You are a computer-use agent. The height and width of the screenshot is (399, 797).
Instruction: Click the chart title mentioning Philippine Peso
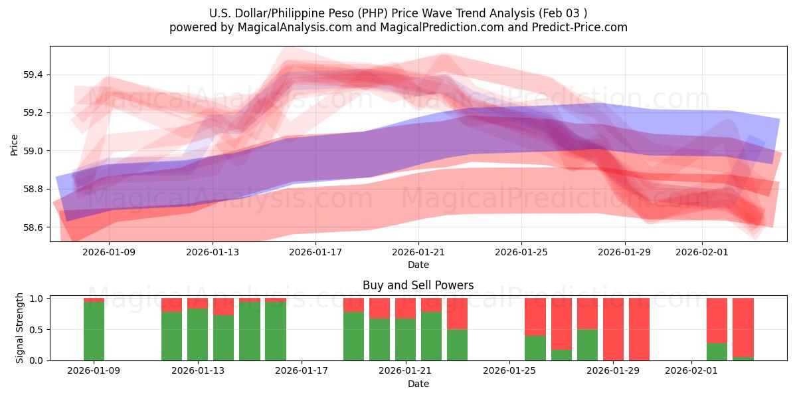(x=398, y=13)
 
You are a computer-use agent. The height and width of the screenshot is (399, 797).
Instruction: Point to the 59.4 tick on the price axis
(x=33, y=74)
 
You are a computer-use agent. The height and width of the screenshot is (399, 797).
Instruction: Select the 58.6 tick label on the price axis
(x=33, y=227)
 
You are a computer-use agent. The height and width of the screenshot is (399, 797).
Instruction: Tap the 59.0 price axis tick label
(x=33, y=151)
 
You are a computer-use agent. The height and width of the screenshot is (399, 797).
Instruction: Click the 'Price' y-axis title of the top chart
(x=15, y=144)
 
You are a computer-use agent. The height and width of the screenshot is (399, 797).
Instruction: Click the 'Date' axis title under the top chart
(x=418, y=265)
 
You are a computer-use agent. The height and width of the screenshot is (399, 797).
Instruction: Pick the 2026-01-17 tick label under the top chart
(x=315, y=252)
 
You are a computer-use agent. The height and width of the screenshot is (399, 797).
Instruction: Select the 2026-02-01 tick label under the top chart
(x=702, y=252)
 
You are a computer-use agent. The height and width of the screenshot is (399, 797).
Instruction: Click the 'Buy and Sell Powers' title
(x=418, y=285)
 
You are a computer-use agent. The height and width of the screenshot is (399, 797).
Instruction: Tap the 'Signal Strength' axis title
(x=20, y=329)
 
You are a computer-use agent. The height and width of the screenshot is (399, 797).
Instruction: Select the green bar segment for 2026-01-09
(x=94, y=331)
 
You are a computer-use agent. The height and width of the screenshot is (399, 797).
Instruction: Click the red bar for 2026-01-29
(x=613, y=329)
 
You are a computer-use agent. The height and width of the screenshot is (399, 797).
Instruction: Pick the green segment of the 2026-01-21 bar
(x=405, y=339)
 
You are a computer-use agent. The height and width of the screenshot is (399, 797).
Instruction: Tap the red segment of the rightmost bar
(x=743, y=327)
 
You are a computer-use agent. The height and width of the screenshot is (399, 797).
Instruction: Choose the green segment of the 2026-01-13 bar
(x=197, y=334)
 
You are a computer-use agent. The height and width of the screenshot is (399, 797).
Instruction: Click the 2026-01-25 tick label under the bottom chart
(x=509, y=370)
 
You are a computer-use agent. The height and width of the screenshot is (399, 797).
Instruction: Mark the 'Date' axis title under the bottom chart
(x=418, y=384)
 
